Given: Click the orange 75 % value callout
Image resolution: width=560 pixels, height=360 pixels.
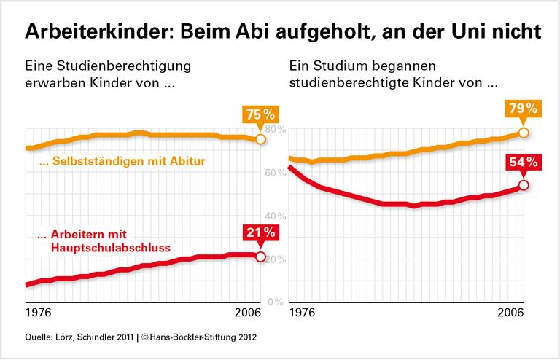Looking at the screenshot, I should [260, 116].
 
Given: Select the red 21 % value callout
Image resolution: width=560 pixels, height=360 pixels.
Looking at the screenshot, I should [260, 233].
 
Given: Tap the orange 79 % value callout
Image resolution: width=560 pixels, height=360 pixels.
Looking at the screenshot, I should [523, 109].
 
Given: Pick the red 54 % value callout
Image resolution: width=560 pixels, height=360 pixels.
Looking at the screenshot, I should [523, 162].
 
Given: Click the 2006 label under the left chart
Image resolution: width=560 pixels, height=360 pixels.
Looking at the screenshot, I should [250, 313].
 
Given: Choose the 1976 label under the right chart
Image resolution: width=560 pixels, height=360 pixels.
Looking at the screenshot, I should [303, 313].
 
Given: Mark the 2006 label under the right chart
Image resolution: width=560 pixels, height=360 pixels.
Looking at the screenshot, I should [513, 313].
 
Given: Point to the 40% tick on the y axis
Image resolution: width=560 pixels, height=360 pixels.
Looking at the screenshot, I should [275, 216].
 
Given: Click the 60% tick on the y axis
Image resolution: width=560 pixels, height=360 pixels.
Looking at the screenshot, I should [275, 173].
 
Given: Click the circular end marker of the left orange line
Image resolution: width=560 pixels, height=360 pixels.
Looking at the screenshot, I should [260, 138].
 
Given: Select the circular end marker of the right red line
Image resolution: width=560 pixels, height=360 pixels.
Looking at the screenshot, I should [524, 185].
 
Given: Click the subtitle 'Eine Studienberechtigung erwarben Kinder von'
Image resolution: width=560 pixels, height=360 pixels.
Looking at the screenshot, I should [108, 74].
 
